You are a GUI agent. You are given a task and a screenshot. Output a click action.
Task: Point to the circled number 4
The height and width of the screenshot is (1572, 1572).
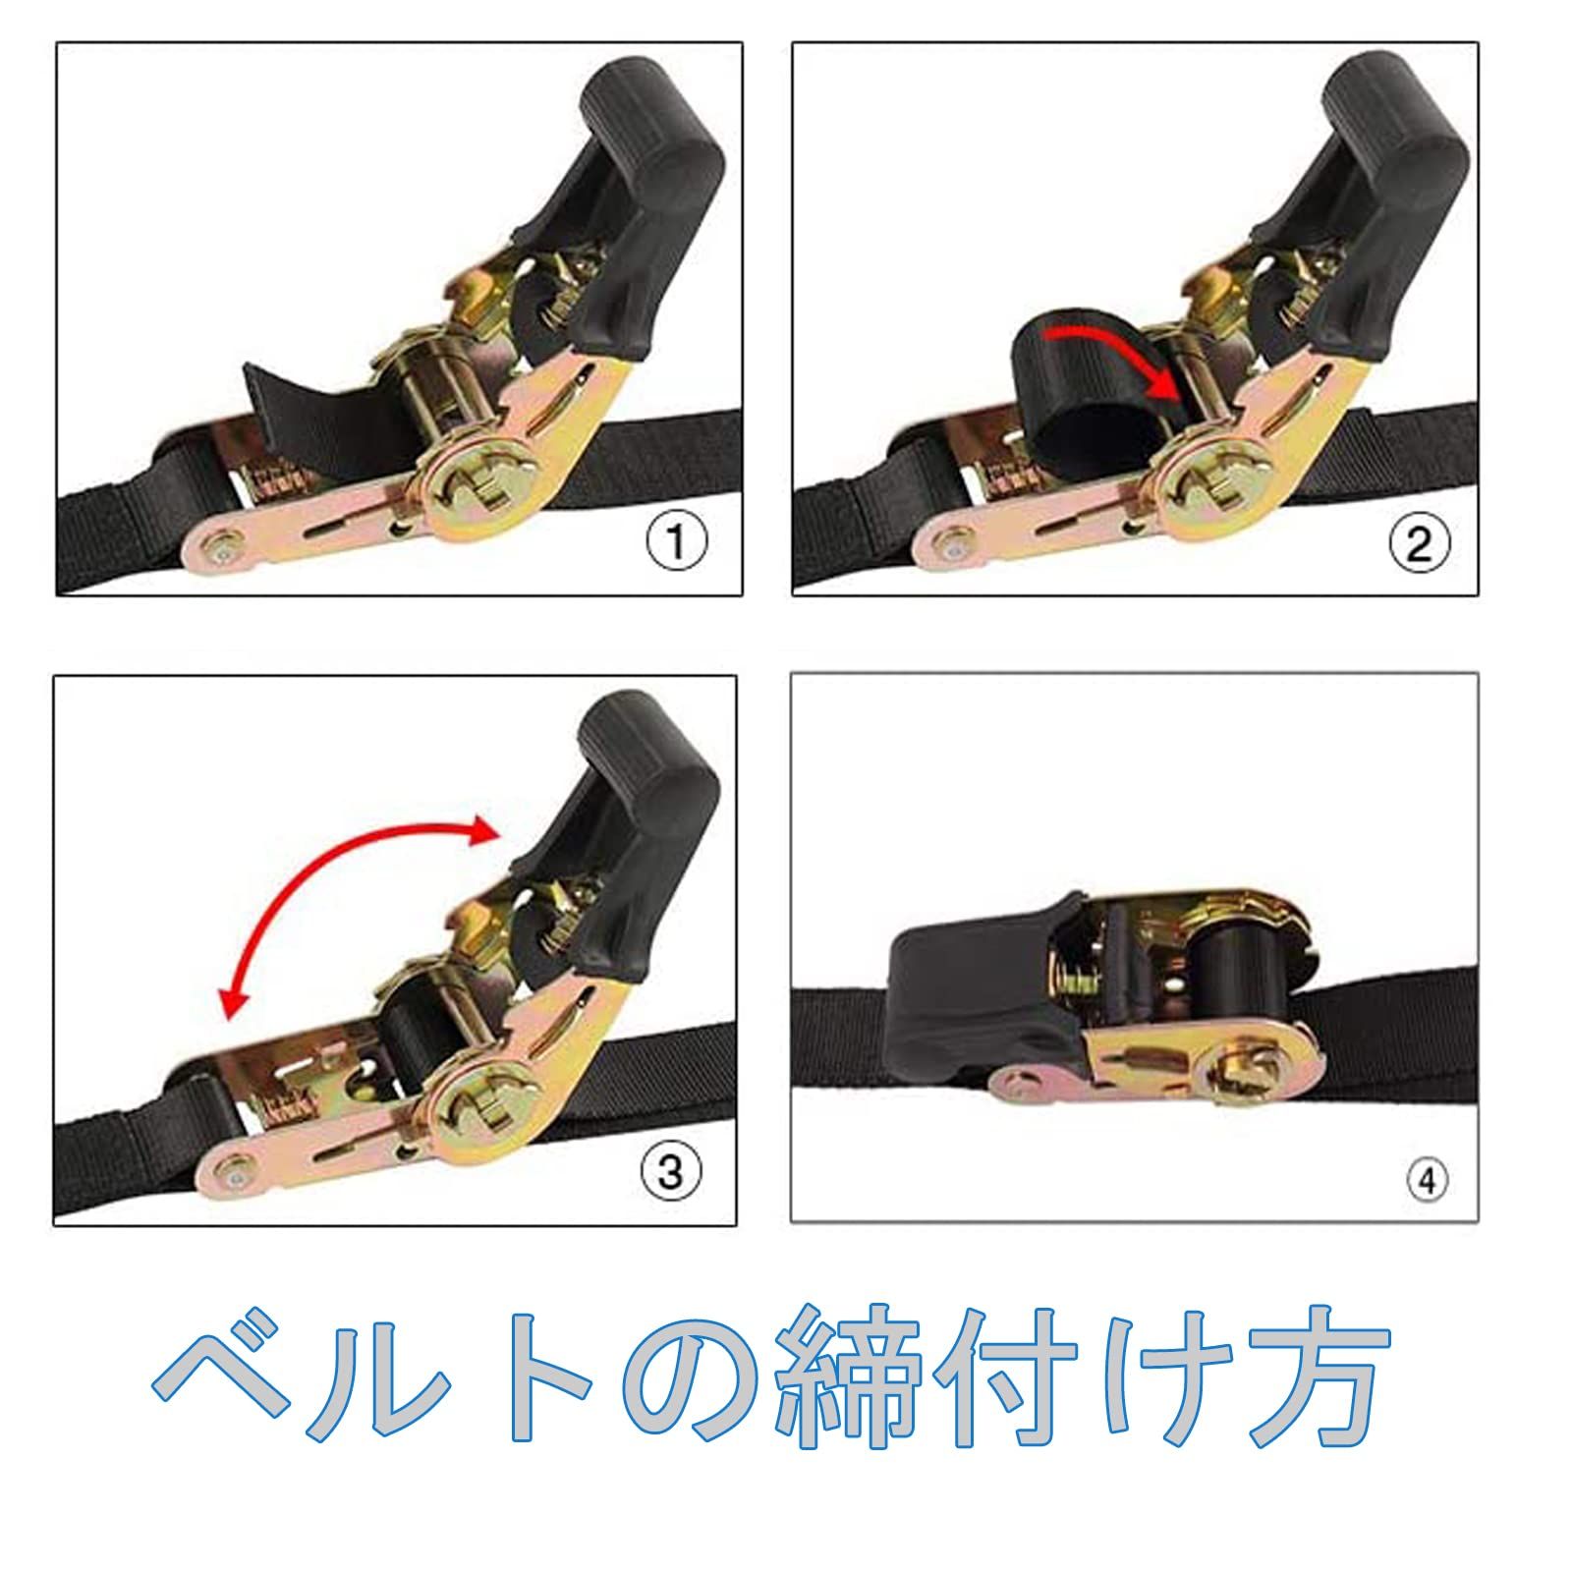coord(1428,1179)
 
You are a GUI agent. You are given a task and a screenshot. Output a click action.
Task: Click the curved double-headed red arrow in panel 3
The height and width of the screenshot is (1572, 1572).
coord(324,874)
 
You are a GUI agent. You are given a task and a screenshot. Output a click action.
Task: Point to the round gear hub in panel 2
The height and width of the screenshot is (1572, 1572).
coord(1204,481)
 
